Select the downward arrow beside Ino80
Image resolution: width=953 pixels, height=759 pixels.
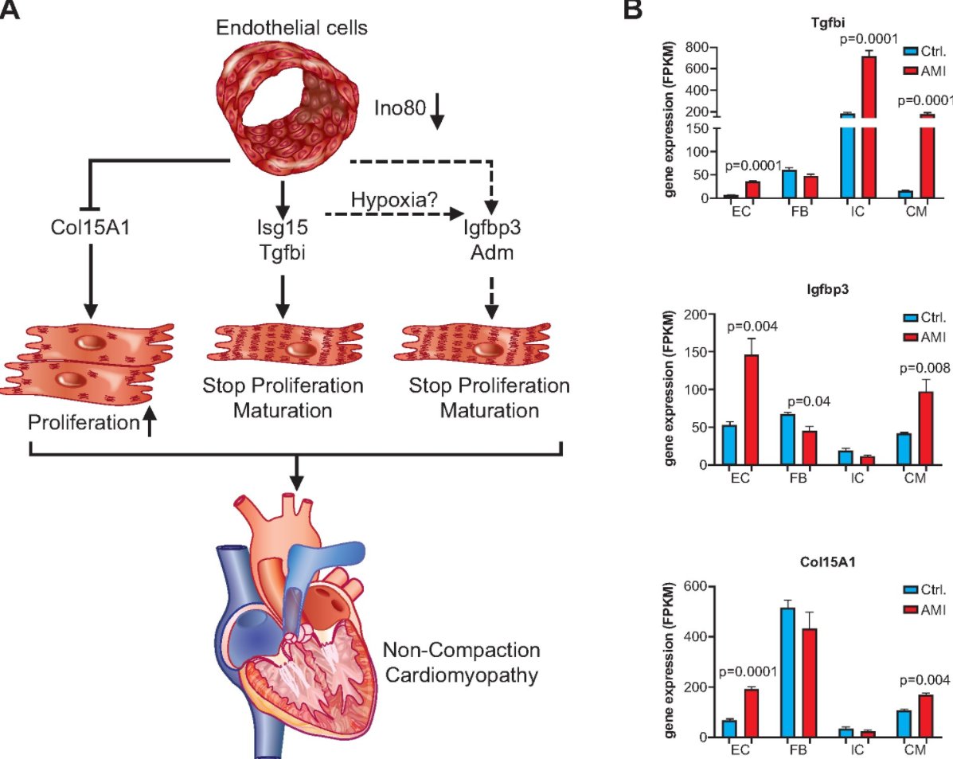coord(437,118)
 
